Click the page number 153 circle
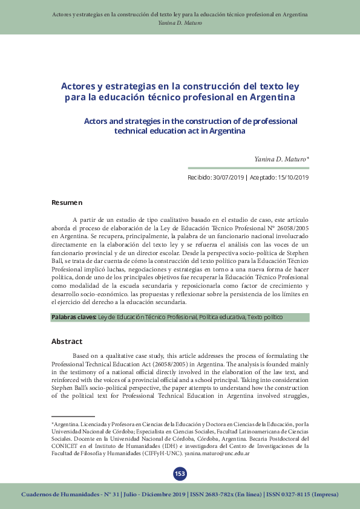180,473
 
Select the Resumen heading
67,202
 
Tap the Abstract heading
67,342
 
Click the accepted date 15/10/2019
293,177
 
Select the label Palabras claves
73,317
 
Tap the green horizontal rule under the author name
249,168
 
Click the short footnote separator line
73,417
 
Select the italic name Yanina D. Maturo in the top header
180,22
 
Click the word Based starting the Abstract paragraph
82,355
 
